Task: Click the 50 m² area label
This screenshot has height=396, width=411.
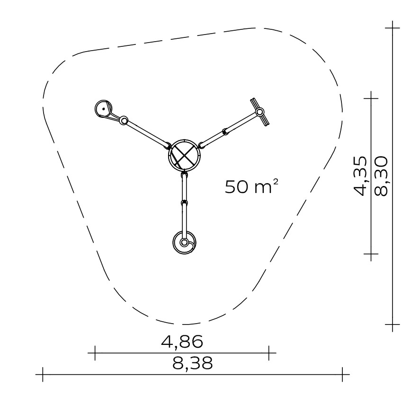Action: (251, 186)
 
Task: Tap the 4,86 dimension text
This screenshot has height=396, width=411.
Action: (182, 342)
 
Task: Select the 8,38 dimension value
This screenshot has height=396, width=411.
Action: (192, 363)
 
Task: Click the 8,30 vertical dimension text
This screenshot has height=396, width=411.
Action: (381, 176)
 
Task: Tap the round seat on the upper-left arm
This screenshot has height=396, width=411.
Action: (104, 109)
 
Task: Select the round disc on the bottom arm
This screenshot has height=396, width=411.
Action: (185, 243)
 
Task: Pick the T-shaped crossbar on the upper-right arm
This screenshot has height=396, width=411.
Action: (260, 112)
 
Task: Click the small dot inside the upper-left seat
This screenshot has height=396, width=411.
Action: (104, 109)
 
